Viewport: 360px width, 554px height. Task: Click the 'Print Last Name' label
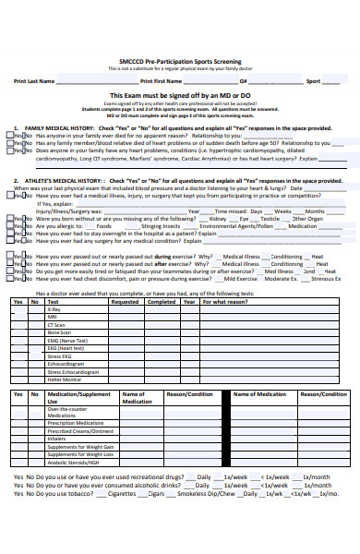click(35, 81)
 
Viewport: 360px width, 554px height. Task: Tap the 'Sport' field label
click(314, 81)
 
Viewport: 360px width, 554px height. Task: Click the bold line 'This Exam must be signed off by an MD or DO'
click(180, 96)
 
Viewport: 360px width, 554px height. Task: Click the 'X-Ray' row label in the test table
click(54, 309)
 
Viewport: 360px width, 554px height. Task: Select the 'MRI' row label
click(52, 317)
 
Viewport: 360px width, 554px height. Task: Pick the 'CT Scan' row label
click(55, 324)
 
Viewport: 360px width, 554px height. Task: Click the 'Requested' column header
click(125, 302)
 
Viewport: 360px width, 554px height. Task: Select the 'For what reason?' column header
click(225, 302)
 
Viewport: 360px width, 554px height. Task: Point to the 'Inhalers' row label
click(57, 439)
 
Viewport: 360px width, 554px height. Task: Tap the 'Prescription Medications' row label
click(77, 424)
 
